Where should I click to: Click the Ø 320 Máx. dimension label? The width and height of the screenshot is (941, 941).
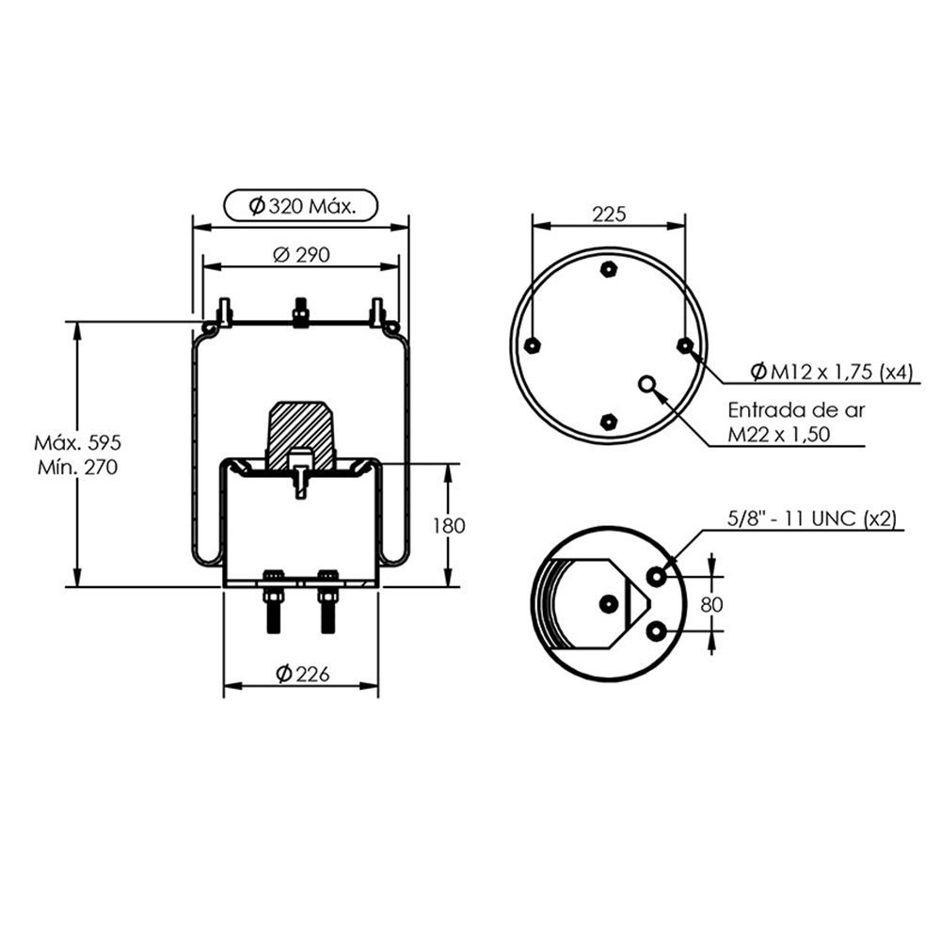click(301, 206)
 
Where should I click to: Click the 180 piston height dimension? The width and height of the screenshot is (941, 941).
click(450, 526)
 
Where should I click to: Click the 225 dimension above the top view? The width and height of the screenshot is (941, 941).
click(609, 215)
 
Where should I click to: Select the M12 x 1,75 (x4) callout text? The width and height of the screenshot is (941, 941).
click(834, 373)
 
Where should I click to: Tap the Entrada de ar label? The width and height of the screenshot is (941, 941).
click(796, 410)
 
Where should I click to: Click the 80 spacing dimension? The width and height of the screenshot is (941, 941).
click(711, 603)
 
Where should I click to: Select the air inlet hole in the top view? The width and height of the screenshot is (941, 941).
click(647, 383)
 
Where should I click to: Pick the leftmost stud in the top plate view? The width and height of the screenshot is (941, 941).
click(533, 344)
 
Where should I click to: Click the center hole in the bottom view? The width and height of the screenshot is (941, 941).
click(608, 602)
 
